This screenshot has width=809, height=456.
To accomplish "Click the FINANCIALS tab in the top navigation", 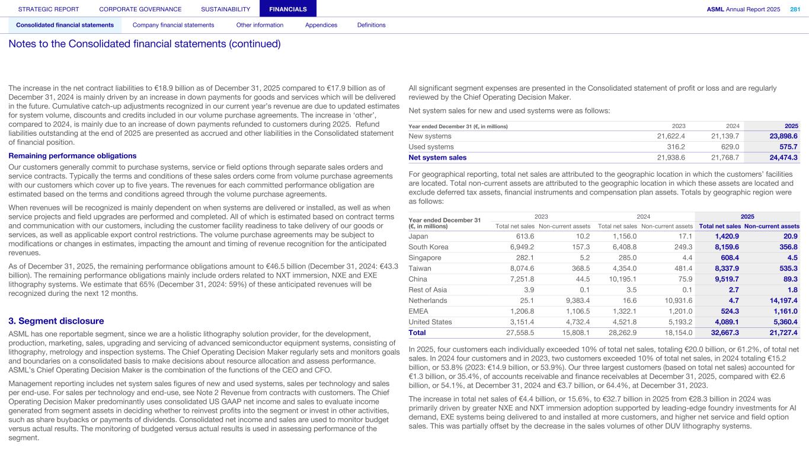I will [287, 9].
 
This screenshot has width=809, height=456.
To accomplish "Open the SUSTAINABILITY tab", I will [225, 9].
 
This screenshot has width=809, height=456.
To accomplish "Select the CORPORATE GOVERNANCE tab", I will [140, 9].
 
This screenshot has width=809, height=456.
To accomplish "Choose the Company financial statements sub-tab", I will [173, 25].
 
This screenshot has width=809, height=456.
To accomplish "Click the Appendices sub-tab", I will [321, 25].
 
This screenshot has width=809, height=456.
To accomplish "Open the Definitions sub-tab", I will [371, 25].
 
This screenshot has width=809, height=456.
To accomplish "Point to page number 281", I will [795, 9].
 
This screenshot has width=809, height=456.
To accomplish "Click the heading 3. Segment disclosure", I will [56, 321].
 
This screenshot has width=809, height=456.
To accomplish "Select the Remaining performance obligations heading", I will [72, 156].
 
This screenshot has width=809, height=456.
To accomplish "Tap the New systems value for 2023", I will [671, 136].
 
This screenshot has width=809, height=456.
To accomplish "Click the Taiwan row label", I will [419, 269].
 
